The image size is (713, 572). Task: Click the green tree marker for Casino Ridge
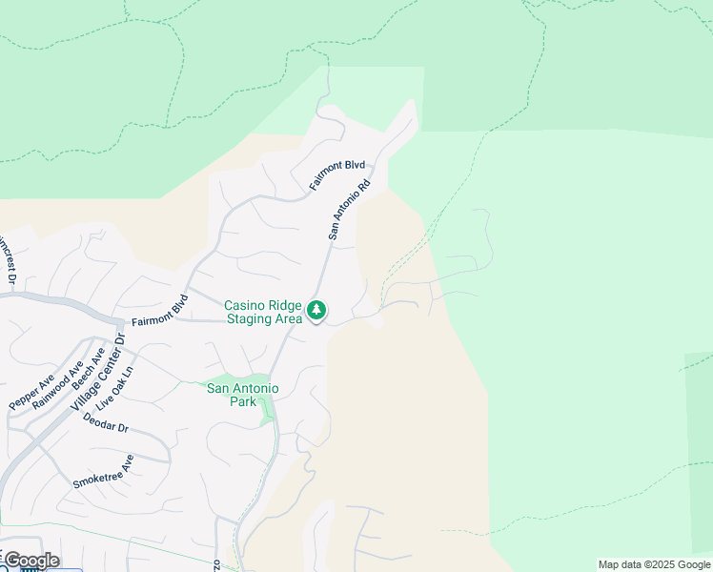click(316, 310)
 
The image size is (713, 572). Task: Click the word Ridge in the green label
click(284, 306)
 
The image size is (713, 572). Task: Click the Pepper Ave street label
click(31, 393)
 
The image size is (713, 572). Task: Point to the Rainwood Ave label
click(57, 385)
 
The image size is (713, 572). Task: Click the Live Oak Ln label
click(122, 390)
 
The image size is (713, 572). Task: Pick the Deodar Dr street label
click(105, 423)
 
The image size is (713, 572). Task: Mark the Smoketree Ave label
click(103, 472)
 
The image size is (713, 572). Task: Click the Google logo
click(31, 561)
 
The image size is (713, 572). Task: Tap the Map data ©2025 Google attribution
click(654, 564)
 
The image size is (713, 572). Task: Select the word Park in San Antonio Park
click(243, 402)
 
